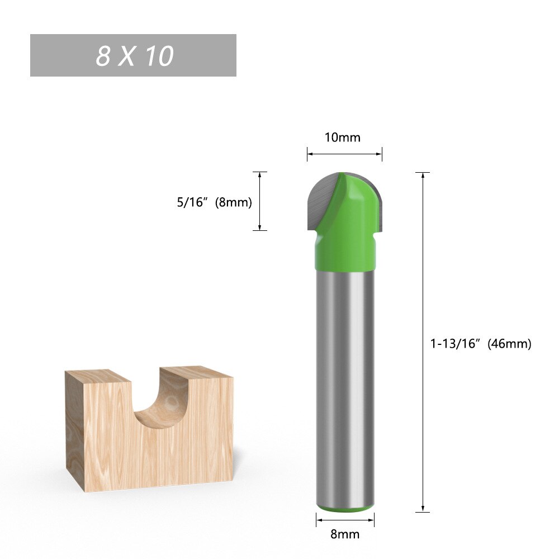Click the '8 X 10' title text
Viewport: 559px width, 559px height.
134,56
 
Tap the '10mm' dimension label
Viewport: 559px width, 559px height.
343,137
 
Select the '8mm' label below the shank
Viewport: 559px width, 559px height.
345,534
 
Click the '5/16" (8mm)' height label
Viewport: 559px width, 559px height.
214,202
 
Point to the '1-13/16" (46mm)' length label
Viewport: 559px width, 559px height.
480,344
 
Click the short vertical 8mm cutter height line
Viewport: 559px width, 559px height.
260,201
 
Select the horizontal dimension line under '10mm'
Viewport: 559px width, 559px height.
344,154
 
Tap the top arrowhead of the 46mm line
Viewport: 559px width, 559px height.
423,176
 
